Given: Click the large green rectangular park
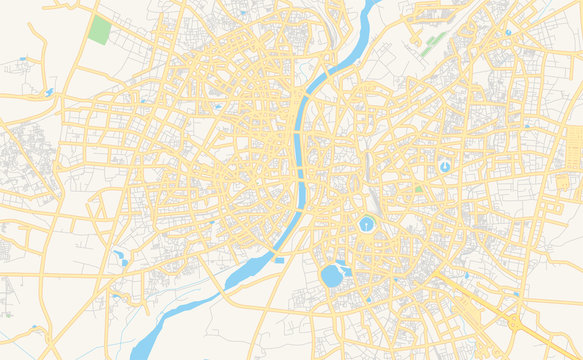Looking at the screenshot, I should point(99,29).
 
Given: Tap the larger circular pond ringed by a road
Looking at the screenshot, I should point(367,224).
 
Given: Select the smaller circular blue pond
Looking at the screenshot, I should point(444,165).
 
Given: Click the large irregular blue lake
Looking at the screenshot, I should point(332,275).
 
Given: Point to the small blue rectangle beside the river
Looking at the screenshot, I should point(279,260).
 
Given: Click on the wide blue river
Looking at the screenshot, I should point(300,150).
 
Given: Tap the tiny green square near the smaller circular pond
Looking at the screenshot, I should point(418,189).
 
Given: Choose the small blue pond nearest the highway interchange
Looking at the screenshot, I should point(516,293).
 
